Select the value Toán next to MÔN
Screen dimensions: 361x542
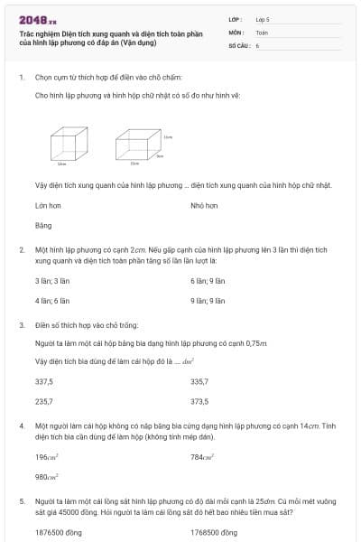coord(262,32)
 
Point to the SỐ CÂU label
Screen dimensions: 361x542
coord(238,44)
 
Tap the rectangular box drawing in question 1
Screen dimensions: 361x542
coord(137,144)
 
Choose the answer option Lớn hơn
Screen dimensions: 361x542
coord(47,206)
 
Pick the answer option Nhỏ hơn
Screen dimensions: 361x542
coord(204,206)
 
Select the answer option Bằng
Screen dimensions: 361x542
coord(43,225)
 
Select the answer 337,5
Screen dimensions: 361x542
coord(44,381)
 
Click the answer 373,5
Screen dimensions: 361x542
coord(199,400)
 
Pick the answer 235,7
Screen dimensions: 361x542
coord(44,400)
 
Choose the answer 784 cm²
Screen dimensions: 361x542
coord(202,457)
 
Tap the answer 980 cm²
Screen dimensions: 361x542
coord(47,476)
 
